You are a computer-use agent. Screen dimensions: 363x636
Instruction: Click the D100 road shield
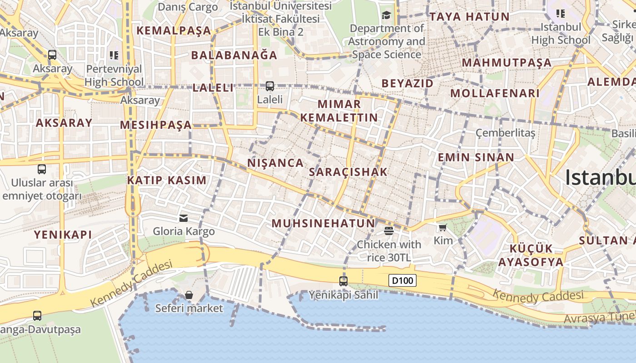(403, 280)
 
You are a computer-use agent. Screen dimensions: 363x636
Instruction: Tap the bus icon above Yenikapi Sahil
(343, 281)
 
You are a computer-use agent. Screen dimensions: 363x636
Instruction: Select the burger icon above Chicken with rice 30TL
(388, 231)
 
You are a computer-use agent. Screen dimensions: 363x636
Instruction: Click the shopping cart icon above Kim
(443, 227)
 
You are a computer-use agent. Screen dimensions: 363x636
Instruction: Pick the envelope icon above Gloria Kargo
(184, 218)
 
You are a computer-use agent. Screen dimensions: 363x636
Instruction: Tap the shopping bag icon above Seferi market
(189, 295)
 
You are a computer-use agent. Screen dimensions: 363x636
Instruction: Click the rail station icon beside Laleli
(270, 86)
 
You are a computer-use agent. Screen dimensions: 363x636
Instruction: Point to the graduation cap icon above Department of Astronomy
(386, 15)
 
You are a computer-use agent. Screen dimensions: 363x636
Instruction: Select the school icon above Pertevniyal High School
(114, 55)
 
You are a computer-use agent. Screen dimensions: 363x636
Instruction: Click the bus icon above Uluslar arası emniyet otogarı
(42, 169)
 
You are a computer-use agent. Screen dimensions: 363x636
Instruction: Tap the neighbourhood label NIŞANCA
(275, 163)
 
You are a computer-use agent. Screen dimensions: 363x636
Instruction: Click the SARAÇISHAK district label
(348, 172)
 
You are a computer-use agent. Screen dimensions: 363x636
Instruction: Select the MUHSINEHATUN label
(323, 223)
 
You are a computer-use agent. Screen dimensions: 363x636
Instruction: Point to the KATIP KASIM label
(167, 180)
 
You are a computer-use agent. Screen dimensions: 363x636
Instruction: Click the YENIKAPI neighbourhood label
(63, 235)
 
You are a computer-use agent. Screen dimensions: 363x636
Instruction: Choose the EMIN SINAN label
(476, 157)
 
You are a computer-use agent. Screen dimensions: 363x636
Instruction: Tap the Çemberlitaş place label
(505, 133)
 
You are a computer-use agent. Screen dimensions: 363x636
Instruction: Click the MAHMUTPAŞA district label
(507, 63)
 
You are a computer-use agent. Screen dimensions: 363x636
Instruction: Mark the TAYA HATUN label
(469, 17)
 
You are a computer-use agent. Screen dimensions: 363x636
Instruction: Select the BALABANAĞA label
(234, 55)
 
